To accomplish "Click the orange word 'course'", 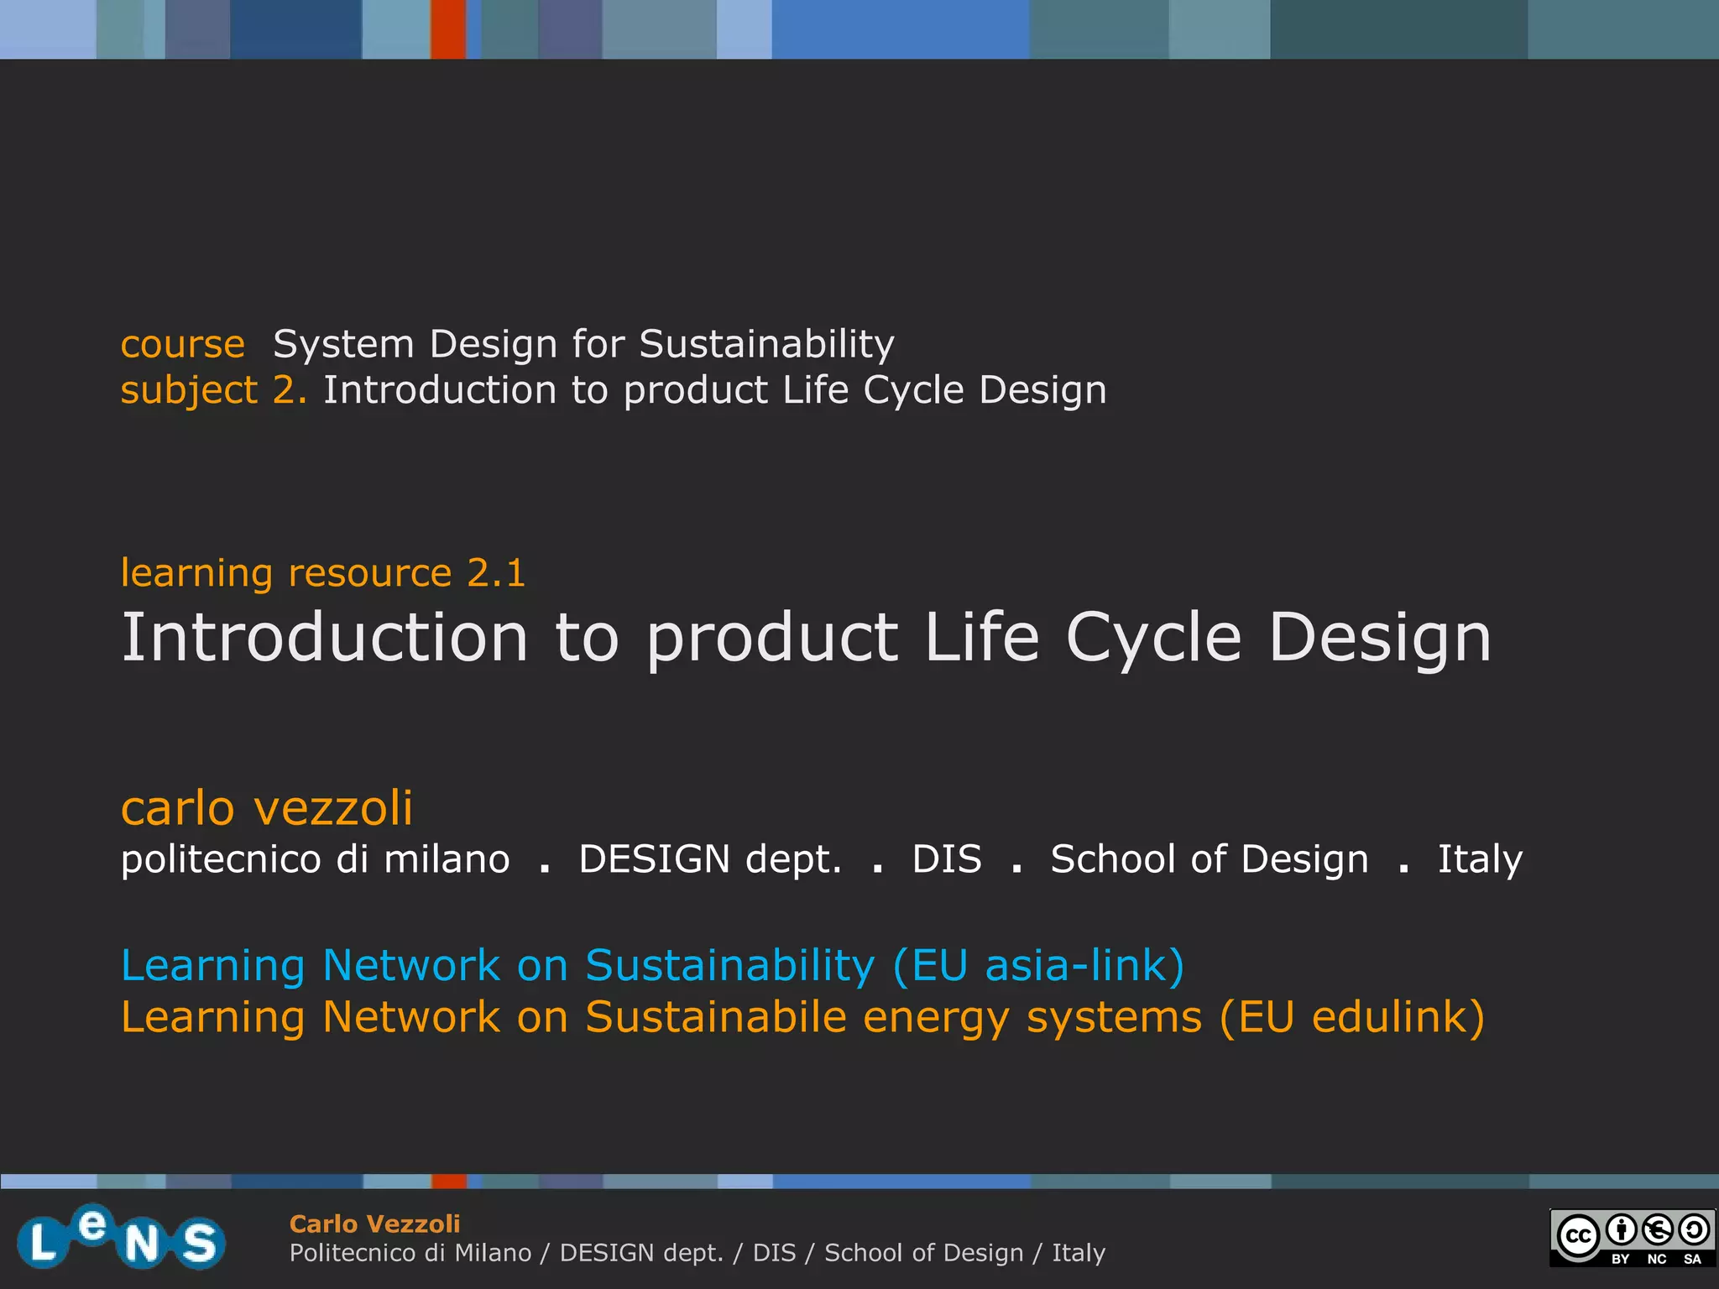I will (182, 345).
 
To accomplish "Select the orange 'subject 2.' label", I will (213, 391).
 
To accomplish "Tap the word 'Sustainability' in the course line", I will (766, 345).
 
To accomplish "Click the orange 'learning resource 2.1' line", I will (323, 573).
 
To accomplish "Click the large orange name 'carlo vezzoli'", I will (267, 808).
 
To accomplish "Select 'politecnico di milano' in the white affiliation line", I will (315, 859).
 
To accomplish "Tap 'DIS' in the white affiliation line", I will (946, 859).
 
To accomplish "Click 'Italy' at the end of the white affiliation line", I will (1479, 859).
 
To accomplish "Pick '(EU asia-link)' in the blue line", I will (1038, 966).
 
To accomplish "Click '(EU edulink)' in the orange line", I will (1351, 1017).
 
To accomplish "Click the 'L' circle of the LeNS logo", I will (41, 1243).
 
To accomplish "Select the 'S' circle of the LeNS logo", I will (200, 1243).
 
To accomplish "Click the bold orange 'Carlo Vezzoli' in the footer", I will (374, 1224).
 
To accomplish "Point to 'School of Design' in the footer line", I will (923, 1253).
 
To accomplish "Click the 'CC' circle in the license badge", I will (1578, 1236).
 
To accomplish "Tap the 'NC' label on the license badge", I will (1656, 1259).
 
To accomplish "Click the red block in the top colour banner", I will (448, 29).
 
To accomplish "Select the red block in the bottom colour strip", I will (449, 1182).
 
